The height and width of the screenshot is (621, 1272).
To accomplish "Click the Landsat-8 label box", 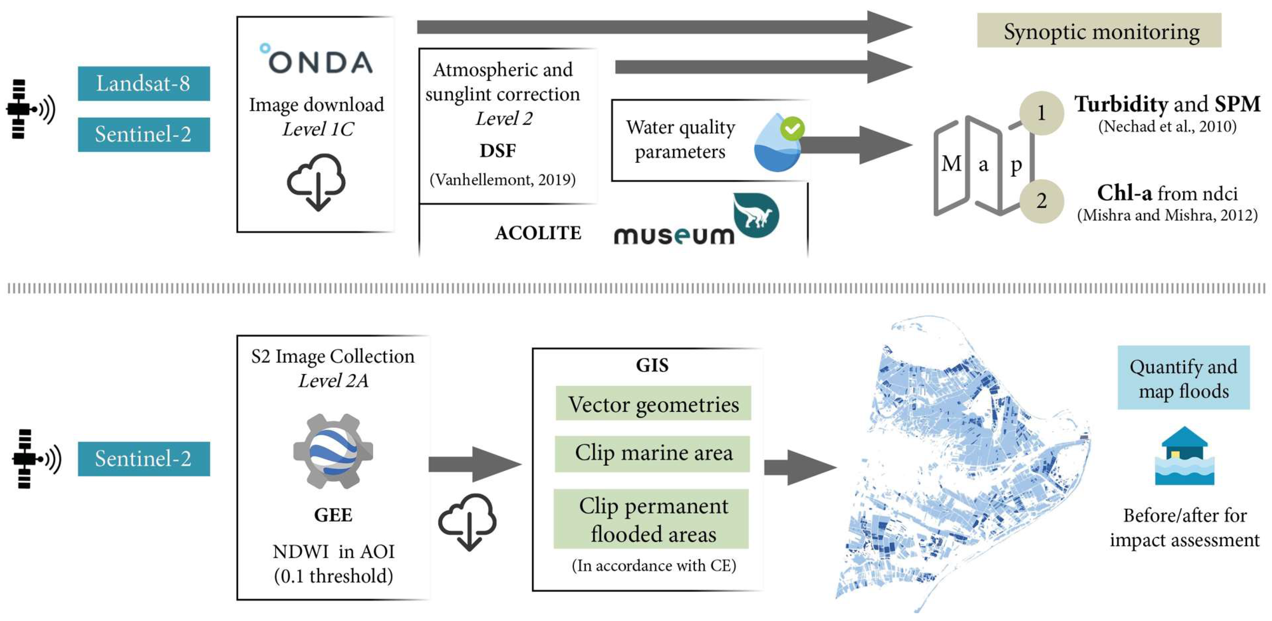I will [144, 83].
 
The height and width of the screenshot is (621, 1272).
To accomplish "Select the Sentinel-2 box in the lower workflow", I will [144, 459].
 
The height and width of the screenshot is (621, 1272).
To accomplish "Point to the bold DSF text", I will [498, 150].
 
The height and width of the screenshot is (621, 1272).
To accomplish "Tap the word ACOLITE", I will [538, 233].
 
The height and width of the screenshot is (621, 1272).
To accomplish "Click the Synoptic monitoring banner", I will [1099, 31].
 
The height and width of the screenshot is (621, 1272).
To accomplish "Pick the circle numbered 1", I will [1041, 113].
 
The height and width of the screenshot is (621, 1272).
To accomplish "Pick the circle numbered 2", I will [1041, 201].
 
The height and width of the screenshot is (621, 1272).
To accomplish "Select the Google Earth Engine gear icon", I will [333, 451].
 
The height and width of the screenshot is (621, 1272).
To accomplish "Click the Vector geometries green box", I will [653, 404].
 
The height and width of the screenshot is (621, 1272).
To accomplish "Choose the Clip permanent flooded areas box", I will [651, 519].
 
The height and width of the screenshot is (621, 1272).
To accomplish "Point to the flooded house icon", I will [1184, 456].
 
